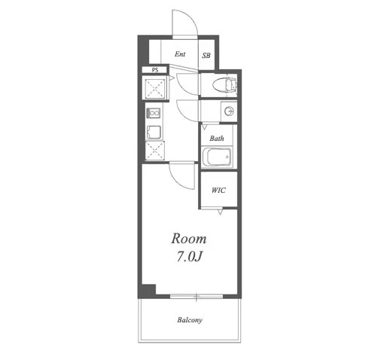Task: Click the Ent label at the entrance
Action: point(180,54)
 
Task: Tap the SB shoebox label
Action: point(206,55)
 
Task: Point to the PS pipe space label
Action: point(155,70)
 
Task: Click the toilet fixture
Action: point(224,84)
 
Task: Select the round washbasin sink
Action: point(229,111)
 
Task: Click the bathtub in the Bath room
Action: point(217,157)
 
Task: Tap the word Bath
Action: point(217,139)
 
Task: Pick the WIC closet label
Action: point(218,191)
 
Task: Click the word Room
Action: point(189,239)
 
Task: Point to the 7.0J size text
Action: point(190,256)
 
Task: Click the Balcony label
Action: point(190,320)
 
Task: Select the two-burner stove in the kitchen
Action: point(154,113)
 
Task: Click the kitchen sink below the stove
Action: point(154,132)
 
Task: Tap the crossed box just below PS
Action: point(154,88)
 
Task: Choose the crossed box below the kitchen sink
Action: point(155,151)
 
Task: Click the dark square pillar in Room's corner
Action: point(148,290)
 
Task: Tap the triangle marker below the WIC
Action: point(220,212)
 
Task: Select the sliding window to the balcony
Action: point(197,297)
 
